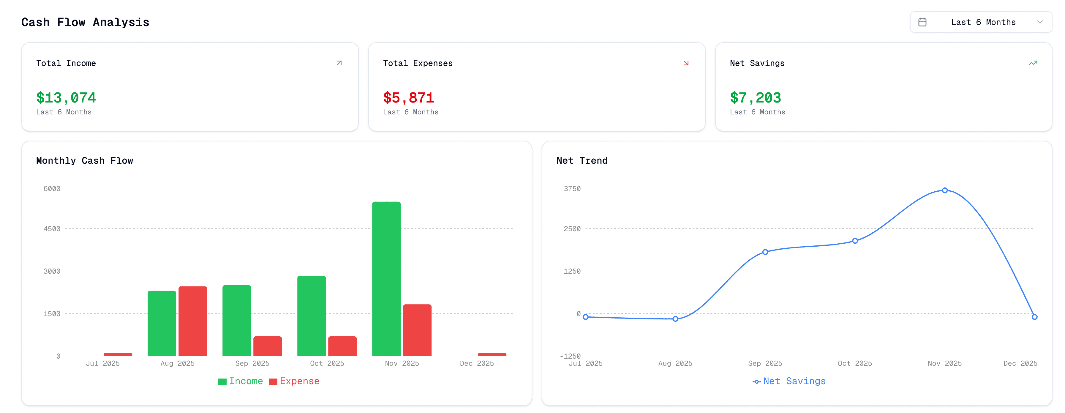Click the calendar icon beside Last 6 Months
922,22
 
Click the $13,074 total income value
66,98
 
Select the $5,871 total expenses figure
408,98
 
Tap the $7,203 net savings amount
755,98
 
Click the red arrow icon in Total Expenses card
686,63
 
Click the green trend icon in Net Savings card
1033,63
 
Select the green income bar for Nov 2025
386,279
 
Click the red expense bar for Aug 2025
193,321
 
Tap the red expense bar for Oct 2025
342,346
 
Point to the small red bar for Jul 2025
118,354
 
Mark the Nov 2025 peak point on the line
945,190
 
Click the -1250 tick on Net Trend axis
570,356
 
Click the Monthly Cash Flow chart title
85,161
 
